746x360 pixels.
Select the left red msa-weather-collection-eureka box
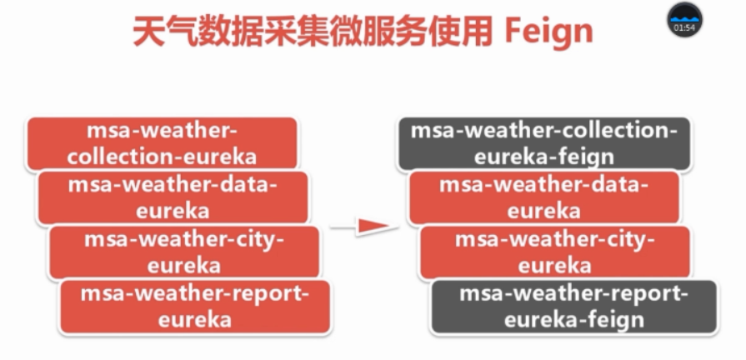pos(162,142)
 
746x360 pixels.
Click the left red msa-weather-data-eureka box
pos(173,197)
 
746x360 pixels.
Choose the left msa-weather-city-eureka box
pos(184,252)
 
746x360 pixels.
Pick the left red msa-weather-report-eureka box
pos(195,306)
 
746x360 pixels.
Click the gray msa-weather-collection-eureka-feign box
pos(543,142)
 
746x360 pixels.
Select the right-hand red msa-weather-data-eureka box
pos(543,197)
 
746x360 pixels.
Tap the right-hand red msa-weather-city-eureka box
pos(554,252)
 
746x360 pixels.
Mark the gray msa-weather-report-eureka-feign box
pos(573,306)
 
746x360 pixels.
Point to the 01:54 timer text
pos(684,28)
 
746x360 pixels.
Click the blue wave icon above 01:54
pos(684,17)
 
